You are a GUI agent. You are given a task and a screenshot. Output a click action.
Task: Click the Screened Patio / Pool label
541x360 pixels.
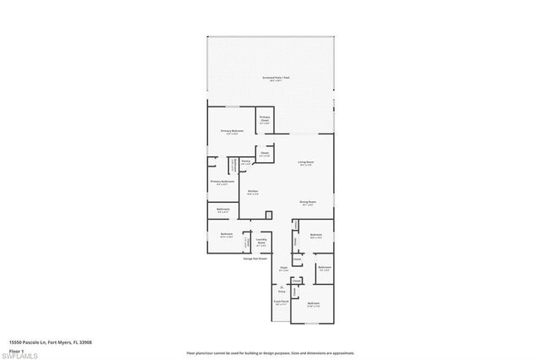[271, 77]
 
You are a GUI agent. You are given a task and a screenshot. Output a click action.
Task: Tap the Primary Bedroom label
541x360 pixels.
[232, 131]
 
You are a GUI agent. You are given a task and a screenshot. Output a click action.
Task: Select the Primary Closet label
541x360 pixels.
[265, 119]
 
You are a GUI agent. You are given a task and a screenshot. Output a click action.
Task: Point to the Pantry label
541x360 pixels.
[245, 161]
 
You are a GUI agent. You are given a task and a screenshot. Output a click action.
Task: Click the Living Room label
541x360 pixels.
[305, 163]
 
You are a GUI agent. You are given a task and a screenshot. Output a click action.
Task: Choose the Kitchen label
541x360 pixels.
[252, 192]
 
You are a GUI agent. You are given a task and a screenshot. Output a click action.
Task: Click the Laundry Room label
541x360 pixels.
[262, 243]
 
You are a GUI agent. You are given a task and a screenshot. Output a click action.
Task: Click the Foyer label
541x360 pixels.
[284, 270]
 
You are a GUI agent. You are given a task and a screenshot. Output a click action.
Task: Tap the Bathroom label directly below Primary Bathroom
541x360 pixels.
[223, 210]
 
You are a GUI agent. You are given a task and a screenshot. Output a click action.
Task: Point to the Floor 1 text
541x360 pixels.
[16, 350]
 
